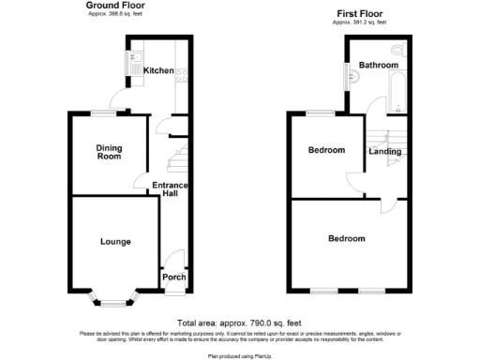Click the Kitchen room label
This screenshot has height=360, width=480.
158,70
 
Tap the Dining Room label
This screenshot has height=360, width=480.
110,152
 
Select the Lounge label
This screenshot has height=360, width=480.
115,242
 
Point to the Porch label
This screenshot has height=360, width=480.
174,277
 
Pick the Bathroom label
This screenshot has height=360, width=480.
378,66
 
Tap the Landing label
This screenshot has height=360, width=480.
385,152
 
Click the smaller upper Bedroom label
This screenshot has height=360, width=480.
326,150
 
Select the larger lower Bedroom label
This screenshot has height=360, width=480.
346,239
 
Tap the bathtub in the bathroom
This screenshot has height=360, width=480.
397,90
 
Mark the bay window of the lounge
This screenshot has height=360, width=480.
113,300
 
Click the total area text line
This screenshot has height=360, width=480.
239,322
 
